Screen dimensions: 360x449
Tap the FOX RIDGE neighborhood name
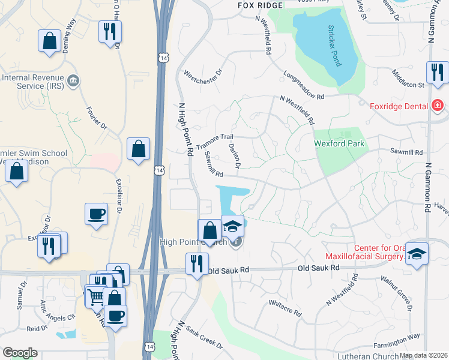pos(259,5)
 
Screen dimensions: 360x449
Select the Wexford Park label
pos(339,144)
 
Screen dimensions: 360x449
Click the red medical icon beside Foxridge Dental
pos(438,106)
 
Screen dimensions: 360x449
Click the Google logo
pos(20,353)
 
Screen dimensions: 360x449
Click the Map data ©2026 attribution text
pos(424,355)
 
